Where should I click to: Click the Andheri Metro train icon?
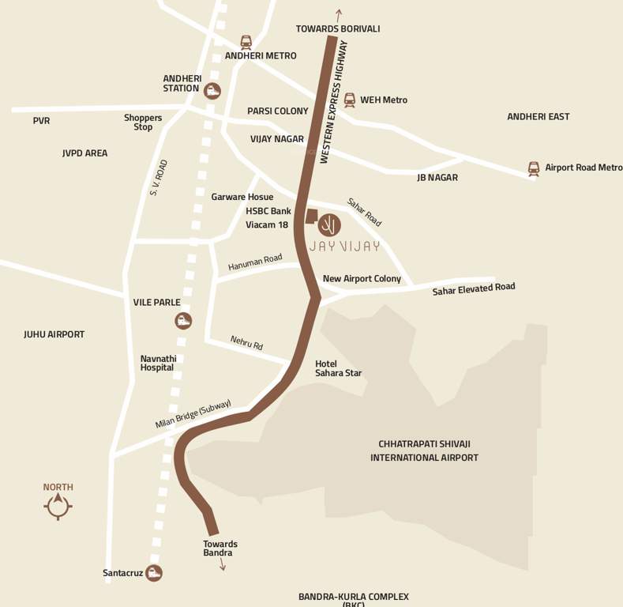[x=246, y=42]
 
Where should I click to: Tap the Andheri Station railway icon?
[x=212, y=91]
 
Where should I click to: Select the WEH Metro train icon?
[x=349, y=100]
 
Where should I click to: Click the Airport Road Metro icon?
[x=534, y=168]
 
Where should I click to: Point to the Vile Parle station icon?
[x=183, y=320]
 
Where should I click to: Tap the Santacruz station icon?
[x=154, y=573]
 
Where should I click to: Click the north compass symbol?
[x=58, y=506]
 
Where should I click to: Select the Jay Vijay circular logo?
[x=330, y=225]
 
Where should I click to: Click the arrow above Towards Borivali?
[x=339, y=14]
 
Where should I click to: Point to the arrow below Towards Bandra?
[x=222, y=564]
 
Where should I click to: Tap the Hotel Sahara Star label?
[x=338, y=368]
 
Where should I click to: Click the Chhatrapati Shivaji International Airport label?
[x=424, y=451]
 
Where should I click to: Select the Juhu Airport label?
[x=54, y=334]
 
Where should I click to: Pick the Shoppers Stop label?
[x=143, y=123]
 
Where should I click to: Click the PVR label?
[x=41, y=121]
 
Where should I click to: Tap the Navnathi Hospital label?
[x=159, y=363]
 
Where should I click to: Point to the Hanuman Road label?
[x=255, y=262]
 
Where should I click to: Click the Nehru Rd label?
[x=246, y=343]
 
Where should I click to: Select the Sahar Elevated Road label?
[x=473, y=289]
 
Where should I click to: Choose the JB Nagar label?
[x=437, y=178]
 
